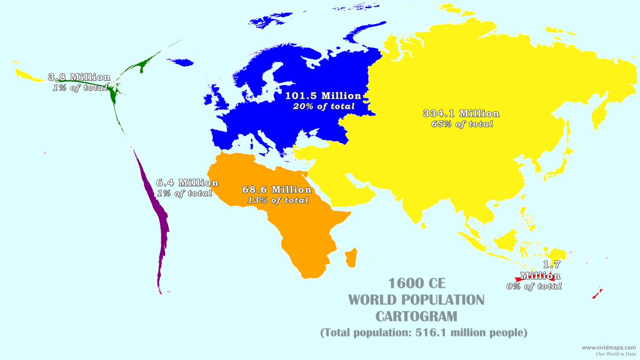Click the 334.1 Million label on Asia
[x=461, y=114]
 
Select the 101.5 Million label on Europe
[x=323, y=96]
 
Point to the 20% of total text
[x=323, y=107]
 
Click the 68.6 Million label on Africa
[x=277, y=190]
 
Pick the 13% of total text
[x=278, y=201]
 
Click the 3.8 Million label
[x=79, y=77]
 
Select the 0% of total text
[x=534, y=286]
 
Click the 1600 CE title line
[x=417, y=282]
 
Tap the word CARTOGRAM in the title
[x=417, y=316]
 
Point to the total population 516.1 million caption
[x=424, y=333]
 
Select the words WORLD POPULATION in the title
[x=417, y=299]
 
